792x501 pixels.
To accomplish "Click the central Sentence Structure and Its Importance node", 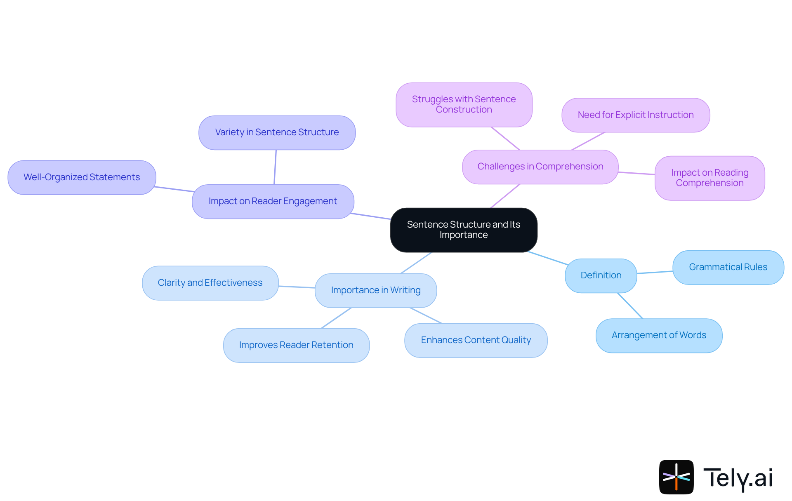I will [464, 230].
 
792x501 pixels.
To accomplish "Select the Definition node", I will [601, 275].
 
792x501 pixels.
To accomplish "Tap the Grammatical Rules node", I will [728, 267].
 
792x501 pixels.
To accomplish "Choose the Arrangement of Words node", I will [659, 335].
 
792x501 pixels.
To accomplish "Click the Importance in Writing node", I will [375, 290].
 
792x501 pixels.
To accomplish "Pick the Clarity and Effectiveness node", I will [210, 283].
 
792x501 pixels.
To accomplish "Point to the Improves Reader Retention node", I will [296, 345].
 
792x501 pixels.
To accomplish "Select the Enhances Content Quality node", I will [476, 340].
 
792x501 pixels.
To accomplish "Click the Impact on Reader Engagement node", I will [273, 201].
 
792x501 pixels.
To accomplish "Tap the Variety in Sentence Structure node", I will [277, 132].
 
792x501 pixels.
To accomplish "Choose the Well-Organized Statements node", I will [82, 177].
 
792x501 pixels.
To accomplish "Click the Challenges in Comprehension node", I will [540, 167].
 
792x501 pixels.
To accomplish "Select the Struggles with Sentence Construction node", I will [464, 105].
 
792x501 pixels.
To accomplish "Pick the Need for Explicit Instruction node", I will [635, 115].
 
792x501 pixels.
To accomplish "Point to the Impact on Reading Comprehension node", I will [709, 178].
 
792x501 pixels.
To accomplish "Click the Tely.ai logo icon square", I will [676, 477].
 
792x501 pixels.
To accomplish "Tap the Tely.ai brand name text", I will [738, 478].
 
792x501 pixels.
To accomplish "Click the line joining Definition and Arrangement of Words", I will [630, 306].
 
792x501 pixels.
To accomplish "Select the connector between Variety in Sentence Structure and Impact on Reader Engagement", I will [275, 167].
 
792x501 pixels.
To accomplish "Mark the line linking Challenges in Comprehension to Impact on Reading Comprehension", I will [636, 173].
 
